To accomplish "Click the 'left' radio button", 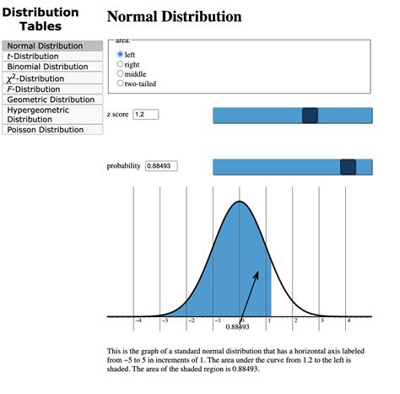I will [121, 55].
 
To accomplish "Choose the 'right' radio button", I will [121, 64].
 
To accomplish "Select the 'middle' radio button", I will [121, 74].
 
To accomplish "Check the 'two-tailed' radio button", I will [121, 84].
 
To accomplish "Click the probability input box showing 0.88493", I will [161, 166].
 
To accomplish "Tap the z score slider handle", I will [310, 116].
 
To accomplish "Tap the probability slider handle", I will [348, 167].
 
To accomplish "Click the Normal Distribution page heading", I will [175, 17].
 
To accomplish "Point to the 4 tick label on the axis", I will [348, 321].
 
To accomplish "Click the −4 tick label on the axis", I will [138, 321].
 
